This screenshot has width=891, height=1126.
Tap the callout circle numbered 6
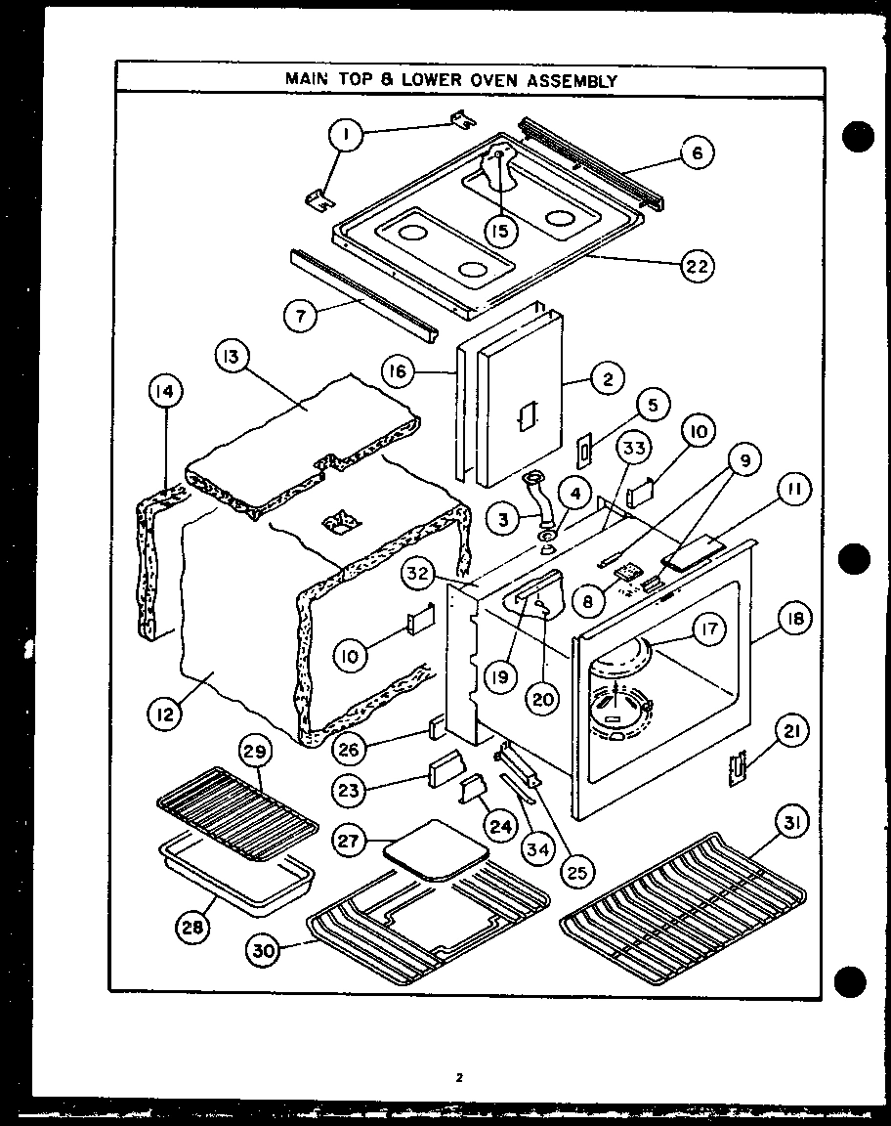[x=697, y=152]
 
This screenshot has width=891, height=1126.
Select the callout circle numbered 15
[x=500, y=232]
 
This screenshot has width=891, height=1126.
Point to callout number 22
[x=697, y=265]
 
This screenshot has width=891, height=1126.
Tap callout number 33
[x=634, y=449]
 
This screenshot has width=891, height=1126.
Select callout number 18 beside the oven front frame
[x=793, y=619]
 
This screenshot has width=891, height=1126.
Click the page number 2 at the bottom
[x=458, y=1078]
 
